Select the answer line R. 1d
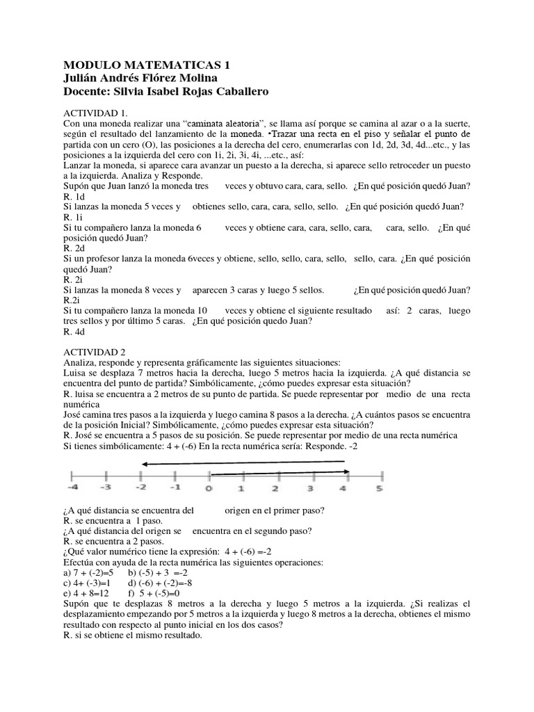73,197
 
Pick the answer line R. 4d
74,332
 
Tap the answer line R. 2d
74,248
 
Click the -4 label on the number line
73,487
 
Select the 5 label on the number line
379,487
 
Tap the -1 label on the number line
175,487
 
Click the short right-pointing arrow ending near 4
278,472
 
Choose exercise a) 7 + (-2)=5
90,572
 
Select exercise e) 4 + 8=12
87,593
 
